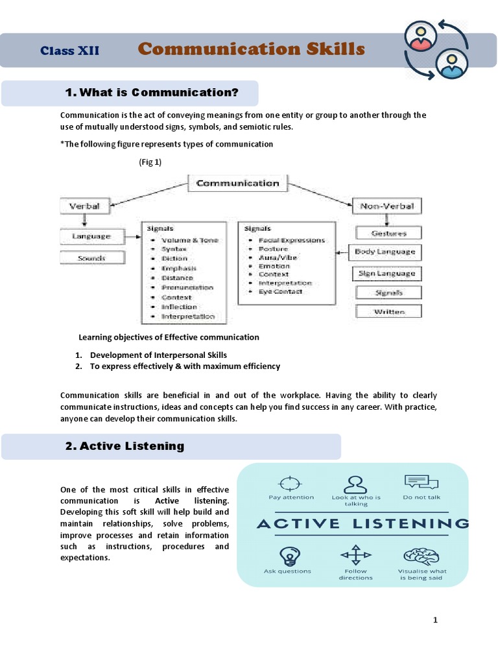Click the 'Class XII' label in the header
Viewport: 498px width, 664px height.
[70, 51]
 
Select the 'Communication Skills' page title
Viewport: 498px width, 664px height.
[252, 49]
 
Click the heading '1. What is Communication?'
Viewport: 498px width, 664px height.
[152, 93]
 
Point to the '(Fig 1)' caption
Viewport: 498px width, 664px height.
[150, 162]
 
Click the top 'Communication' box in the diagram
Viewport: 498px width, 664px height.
[237, 183]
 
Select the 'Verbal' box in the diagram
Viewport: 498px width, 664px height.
[84, 206]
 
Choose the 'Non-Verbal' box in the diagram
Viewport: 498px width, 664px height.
[387, 206]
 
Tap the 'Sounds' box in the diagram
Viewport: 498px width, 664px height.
[91, 257]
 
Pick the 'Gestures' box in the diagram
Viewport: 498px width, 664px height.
[389, 233]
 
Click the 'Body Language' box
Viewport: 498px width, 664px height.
[385, 252]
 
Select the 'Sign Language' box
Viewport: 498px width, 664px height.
[386, 273]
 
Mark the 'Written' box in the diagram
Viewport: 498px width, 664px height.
[389, 312]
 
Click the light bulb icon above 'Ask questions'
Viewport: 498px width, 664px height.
[287, 556]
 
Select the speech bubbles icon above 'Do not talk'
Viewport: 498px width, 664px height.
[421, 482]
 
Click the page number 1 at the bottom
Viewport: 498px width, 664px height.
[436, 621]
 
